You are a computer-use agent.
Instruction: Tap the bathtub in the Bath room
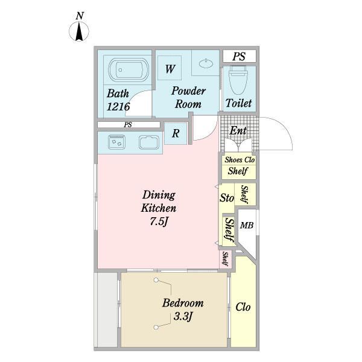pyautogui.click(x=129, y=69)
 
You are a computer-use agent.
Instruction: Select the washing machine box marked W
pyautogui.click(x=170, y=68)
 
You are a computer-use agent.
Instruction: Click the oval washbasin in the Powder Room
pyautogui.click(x=206, y=63)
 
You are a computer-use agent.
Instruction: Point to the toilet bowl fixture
pyautogui.click(x=238, y=80)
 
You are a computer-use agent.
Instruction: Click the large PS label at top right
pyautogui.click(x=239, y=57)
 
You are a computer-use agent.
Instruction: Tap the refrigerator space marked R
pyautogui.click(x=176, y=133)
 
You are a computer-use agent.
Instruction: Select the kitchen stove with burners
pyautogui.click(x=116, y=142)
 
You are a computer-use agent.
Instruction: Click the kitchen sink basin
pyautogui.click(x=149, y=142)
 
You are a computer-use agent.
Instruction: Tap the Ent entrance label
pyautogui.click(x=238, y=131)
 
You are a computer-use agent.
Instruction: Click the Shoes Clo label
pyautogui.click(x=240, y=160)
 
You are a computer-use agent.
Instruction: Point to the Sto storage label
pyautogui.click(x=227, y=198)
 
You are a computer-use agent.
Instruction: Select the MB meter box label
pyautogui.click(x=247, y=225)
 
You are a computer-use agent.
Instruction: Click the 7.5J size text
pyautogui.click(x=159, y=221)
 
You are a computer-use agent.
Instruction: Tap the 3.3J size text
pyautogui.click(x=183, y=316)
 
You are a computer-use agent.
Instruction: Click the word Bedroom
pyautogui.click(x=183, y=303)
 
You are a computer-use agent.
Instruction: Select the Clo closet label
pyautogui.click(x=243, y=307)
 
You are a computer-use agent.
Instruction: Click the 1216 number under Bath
pyautogui.click(x=118, y=106)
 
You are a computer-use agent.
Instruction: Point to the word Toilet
pyautogui.click(x=238, y=103)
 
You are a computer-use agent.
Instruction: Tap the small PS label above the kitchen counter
pyautogui.click(x=128, y=125)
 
